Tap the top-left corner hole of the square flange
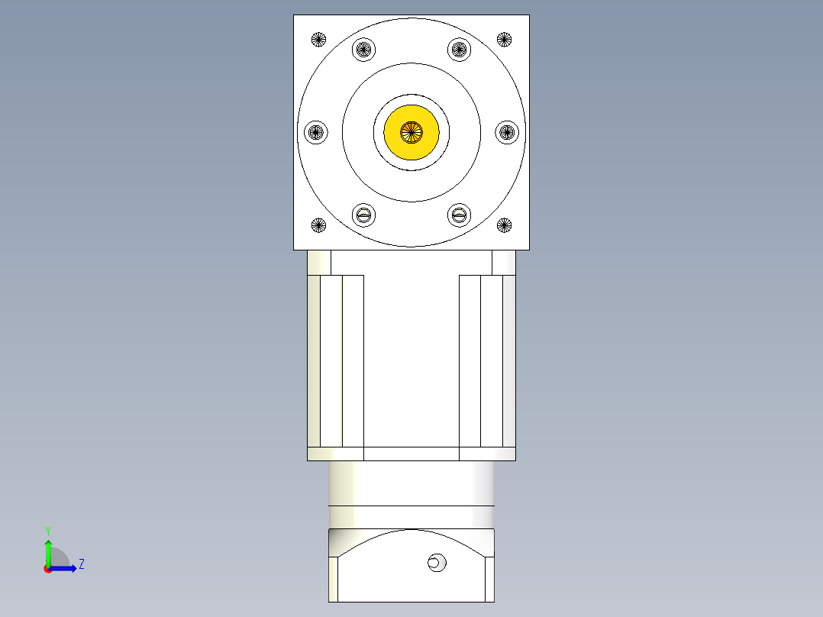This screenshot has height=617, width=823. (318, 39)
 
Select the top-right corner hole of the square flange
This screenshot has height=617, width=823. (504, 39)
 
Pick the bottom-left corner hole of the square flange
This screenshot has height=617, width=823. (318, 225)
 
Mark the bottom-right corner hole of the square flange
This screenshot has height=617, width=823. (504, 225)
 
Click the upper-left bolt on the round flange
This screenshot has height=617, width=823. (364, 50)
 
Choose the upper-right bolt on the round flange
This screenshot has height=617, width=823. (458, 50)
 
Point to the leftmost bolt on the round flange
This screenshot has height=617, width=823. (316, 132)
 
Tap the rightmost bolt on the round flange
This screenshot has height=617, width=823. (507, 132)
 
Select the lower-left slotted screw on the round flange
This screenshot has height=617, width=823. (364, 215)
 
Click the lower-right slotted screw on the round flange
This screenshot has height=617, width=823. (458, 215)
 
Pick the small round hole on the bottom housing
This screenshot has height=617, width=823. (436, 563)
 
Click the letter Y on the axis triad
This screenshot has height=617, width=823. (47, 530)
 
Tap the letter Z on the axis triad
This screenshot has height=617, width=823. (81, 565)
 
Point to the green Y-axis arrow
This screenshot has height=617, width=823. (47, 551)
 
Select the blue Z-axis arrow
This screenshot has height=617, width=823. (66, 568)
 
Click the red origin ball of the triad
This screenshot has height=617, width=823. (47, 569)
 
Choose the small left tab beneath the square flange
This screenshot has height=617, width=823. (319, 262)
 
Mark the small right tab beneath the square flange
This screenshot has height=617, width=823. (503, 262)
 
